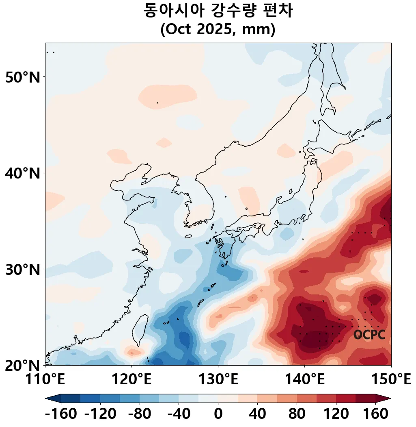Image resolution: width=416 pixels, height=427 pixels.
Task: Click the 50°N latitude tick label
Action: click(23, 77)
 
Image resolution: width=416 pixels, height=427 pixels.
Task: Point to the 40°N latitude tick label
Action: click(23, 173)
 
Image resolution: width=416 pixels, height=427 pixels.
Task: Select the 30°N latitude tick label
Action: click(23, 269)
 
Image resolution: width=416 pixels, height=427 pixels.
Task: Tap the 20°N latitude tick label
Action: click(23, 365)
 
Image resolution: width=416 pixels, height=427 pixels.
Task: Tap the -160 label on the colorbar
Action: click(61, 414)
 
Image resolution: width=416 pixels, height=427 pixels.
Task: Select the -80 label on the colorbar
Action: click(140, 414)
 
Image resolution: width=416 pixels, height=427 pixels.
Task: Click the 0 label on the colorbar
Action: click(218, 414)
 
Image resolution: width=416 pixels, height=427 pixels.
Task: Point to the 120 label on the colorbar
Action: click(336, 414)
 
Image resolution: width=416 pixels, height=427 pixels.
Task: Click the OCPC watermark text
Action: click(369, 335)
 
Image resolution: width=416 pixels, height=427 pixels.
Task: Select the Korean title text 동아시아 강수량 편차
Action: click(218, 11)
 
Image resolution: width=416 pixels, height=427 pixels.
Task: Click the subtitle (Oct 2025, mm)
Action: click(218, 30)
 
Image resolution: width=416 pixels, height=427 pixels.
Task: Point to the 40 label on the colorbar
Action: click(257, 414)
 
